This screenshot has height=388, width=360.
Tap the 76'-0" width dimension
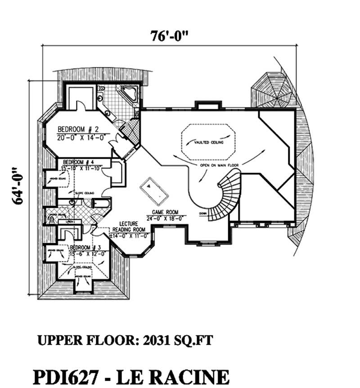(170, 36)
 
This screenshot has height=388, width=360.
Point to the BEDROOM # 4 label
(79, 162)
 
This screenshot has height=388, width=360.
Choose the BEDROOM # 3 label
(86, 247)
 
